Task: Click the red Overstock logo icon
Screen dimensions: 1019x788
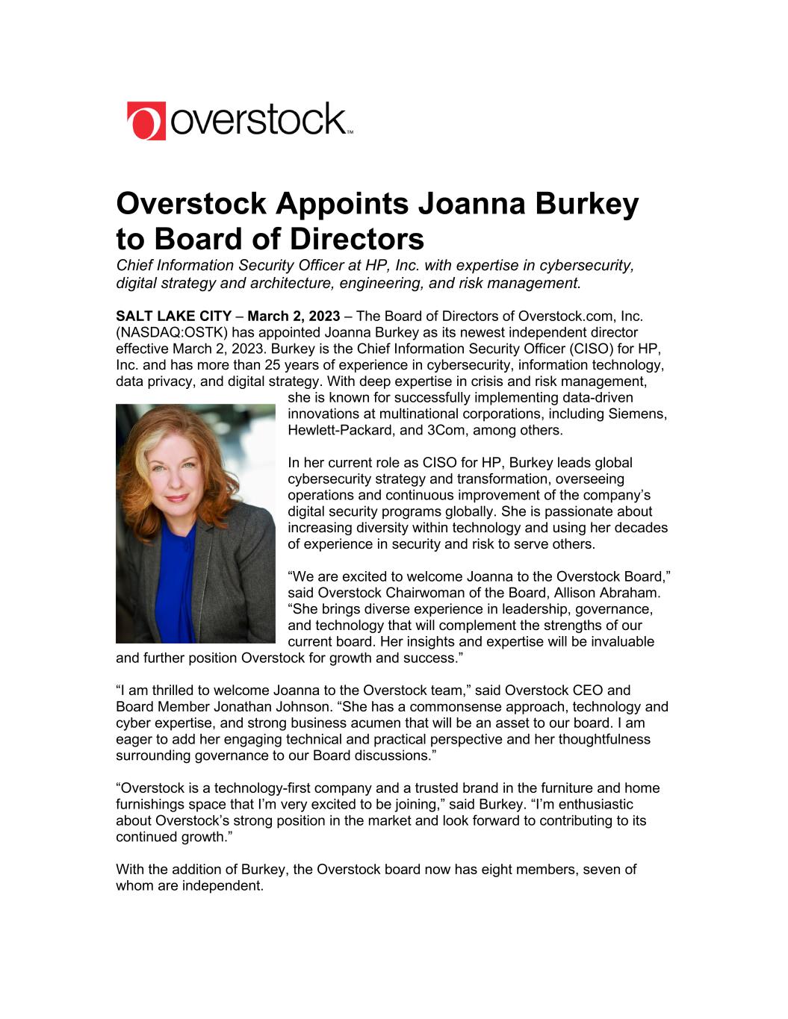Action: coord(146,121)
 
